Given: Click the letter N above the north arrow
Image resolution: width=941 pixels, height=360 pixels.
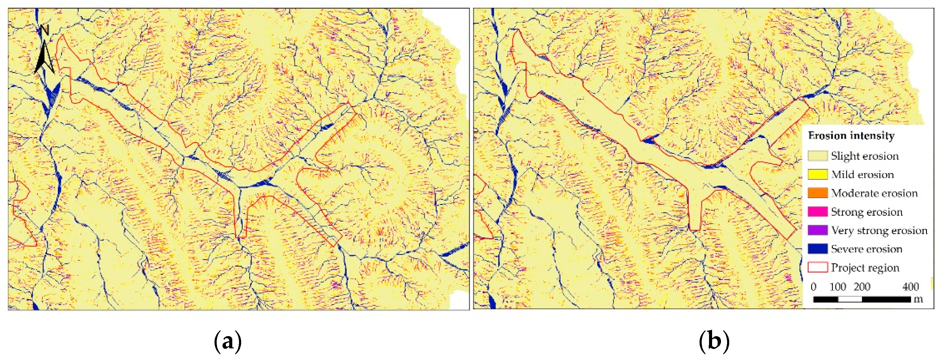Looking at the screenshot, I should pos(45,30).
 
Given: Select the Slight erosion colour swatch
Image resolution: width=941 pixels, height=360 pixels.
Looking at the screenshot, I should pos(817,156).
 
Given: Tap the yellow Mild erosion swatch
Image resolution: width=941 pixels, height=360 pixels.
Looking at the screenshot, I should pos(817,174).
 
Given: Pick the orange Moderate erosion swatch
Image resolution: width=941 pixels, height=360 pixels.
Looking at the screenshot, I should pos(817,193).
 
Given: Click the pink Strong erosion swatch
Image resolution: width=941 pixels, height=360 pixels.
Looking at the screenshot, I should pos(817,212).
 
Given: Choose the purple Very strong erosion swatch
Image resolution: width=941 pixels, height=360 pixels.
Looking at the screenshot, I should pos(817,230).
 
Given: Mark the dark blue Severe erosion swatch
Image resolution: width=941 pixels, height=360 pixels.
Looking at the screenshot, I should pos(817,249).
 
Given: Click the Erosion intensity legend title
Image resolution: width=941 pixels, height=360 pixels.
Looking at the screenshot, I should pos(851,135).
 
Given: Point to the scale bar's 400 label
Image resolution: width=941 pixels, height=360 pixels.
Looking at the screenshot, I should pos(910,287).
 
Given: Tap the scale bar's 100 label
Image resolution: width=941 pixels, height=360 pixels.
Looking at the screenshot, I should pos(838,287).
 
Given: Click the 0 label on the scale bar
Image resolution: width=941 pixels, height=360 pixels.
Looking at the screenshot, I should pos(814,287).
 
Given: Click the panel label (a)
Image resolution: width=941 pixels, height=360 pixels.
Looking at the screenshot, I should pos(228,341).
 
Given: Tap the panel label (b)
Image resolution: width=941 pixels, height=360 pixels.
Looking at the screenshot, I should pos(714,341).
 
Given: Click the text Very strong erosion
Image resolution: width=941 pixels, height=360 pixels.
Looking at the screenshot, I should pos(879,230).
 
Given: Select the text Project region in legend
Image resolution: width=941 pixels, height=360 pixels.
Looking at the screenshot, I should pos(865,268).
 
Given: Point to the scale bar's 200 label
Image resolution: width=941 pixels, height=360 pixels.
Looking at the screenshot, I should pos(862,287).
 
